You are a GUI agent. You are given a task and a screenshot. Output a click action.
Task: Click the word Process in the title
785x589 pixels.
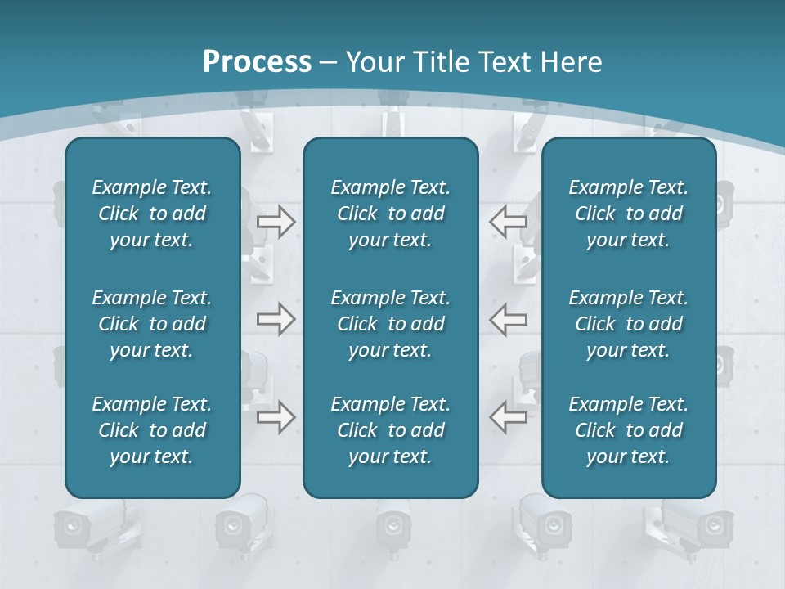[x=257, y=62]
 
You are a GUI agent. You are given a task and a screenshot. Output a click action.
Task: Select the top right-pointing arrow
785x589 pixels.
[x=276, y=222]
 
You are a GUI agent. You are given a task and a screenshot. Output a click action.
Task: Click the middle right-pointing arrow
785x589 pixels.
[x=276, y=318]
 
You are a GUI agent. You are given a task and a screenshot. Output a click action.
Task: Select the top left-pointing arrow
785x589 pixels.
[x=509, y=222]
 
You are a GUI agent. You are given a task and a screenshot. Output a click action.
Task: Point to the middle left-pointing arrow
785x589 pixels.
[x=509, y=318]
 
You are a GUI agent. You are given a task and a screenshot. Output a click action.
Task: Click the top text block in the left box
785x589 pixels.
[x=152, y=214]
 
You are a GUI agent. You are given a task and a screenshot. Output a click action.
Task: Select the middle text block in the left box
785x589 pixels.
[x=152, y=324]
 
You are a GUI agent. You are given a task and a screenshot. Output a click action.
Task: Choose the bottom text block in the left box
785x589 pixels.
[x=152, y=430]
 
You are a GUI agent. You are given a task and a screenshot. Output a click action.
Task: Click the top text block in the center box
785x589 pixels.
[x=390, y=214]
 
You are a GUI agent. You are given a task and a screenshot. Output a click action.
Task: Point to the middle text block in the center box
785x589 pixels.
[x=390, y=324]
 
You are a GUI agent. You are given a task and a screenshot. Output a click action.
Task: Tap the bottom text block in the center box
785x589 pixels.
[x=390, y=430]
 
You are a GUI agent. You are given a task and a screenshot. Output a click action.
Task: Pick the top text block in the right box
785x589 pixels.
[x=628, y=214]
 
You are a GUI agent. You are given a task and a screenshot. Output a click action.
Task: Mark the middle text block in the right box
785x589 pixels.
[x=628, y=324]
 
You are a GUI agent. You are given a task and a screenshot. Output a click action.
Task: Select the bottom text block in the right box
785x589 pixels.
[x=628, y=430]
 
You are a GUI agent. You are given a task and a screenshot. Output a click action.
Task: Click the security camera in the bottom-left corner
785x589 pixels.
[x=78, y=527]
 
